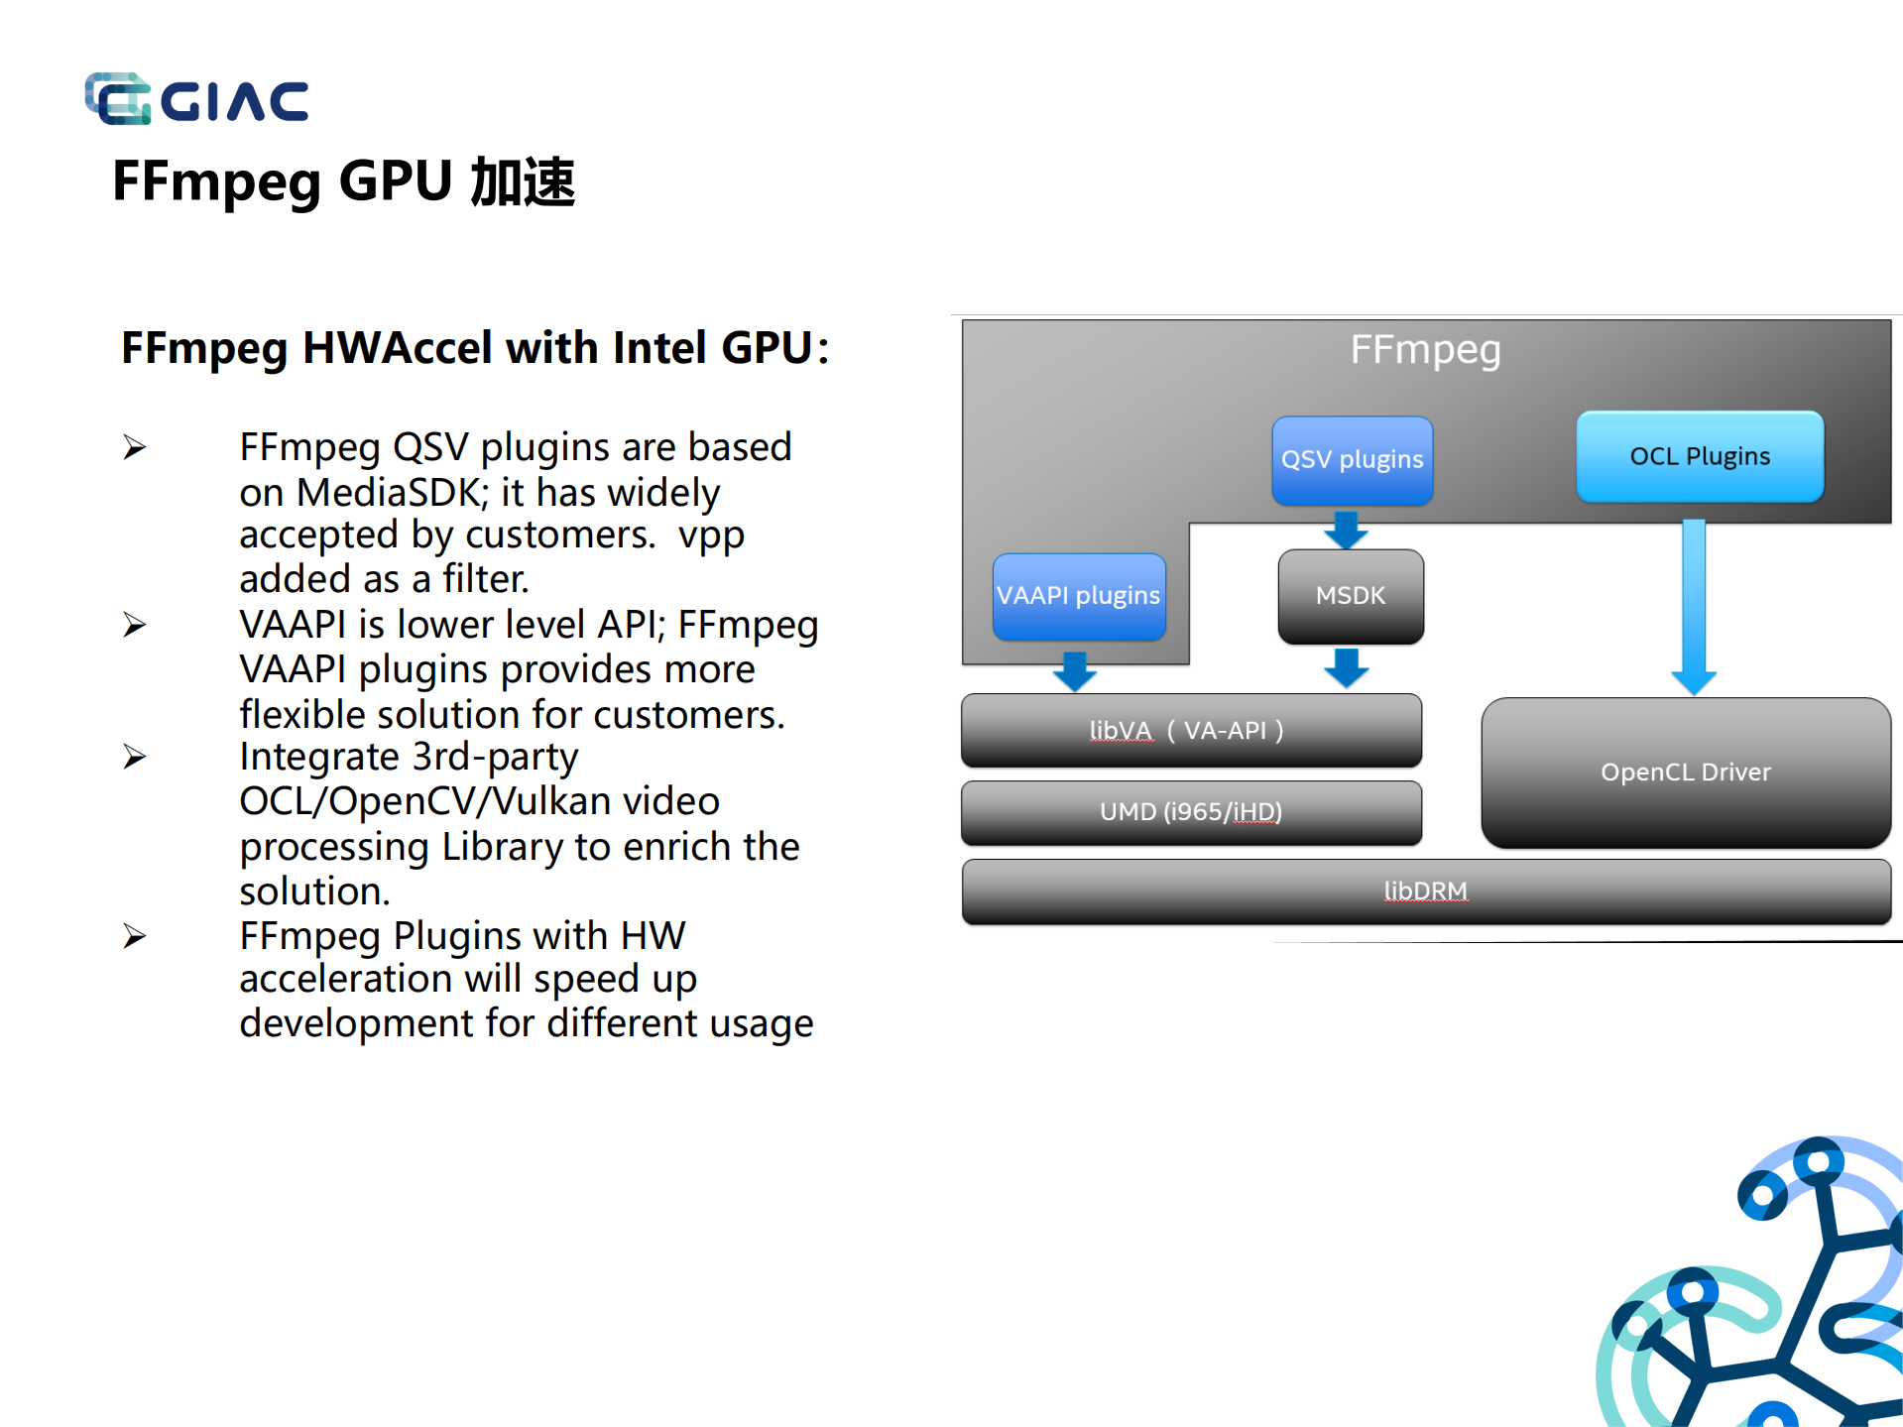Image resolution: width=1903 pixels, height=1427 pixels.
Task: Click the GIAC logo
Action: tap(196, 99)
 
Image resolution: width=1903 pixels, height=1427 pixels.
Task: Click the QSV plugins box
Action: tap(1352, 460)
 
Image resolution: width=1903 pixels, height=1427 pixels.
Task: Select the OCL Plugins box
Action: tap(1699, 457)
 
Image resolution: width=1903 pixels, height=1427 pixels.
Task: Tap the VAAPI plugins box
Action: tap(1078, 596)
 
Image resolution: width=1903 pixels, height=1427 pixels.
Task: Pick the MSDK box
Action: tap(1350, 596)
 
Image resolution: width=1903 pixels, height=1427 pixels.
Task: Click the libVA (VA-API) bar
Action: tap(1190, 731)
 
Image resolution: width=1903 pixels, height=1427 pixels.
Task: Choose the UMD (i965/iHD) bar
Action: tap(1190, 812)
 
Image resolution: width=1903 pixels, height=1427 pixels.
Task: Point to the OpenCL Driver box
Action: tap(1685, 773)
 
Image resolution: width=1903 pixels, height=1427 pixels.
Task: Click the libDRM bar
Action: tap(1425, 892)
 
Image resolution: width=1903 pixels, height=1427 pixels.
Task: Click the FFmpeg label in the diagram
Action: tap(1425, 350)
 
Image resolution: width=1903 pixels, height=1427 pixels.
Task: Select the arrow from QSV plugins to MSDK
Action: tap(1346, 530)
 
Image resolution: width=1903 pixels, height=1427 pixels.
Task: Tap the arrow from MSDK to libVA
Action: tap(1346, 668)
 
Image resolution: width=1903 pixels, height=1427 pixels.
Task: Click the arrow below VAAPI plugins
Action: tap(1074, 671)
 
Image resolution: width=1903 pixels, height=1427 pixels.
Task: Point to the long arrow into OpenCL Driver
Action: tap(1694, 605)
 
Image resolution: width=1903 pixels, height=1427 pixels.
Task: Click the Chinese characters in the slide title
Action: tap(523, 182)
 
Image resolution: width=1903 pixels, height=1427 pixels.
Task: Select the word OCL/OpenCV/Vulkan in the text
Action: tap(479, 801)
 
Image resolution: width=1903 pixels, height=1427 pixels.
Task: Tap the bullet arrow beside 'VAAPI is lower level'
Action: tap(135, 625)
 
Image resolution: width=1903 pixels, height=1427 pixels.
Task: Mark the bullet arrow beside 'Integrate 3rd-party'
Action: tap(135, 758)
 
